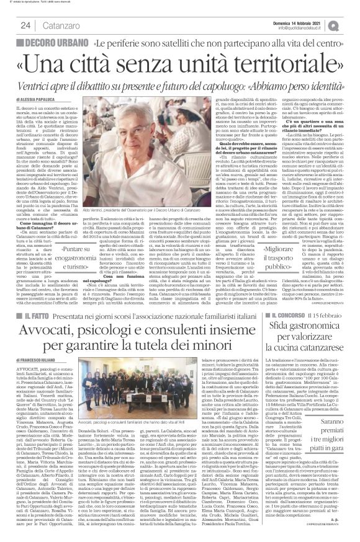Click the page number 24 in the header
(x=25, y=25)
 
